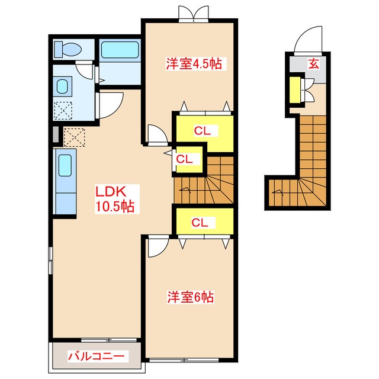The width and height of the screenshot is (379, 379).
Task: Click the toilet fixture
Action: coord(68,50)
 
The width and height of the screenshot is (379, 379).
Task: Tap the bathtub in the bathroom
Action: coord(120,50)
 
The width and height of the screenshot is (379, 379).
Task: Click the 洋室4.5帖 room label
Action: coord(194,63)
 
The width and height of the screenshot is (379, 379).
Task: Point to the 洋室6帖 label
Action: coord(191,297)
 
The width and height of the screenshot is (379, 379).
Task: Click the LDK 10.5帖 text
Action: coord(115,199)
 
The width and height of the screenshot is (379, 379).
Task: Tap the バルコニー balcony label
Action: coord(96,356)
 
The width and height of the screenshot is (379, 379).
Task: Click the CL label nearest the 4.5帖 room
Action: coord(203,131)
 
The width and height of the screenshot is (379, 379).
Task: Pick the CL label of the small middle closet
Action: coord(184,159)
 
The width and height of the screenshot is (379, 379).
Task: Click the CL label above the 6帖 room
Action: coord(200,223)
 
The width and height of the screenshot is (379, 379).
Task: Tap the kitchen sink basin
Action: coord(65,165)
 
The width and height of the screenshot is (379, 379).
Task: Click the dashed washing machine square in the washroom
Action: coord(63,110)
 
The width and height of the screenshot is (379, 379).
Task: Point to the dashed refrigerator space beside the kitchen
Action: coord(74,137)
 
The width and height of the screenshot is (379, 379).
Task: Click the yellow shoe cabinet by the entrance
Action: coord(295,89)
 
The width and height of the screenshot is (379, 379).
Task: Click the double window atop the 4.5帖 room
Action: coord(194,14)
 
